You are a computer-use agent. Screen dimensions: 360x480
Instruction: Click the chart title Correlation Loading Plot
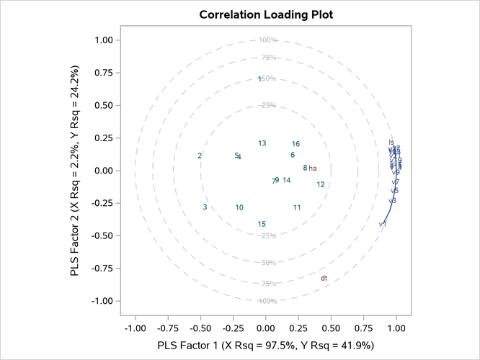click(x=266, y=14)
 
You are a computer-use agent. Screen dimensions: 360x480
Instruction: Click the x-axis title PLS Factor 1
click(x=266, y=345)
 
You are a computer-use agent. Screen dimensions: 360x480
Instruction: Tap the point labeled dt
click(x=324, y=278)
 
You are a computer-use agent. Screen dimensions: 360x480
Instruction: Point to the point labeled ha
click(x=313, y=168)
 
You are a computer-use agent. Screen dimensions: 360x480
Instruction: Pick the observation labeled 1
click(x=259, y=79)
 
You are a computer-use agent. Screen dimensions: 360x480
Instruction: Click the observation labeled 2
click(x=200, y=156)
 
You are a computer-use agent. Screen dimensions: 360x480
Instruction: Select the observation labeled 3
click(x=205, y=207)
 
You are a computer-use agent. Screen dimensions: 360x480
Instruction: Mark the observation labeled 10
click(x=239, y=208)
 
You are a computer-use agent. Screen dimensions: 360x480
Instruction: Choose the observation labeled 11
click(x=297, y=208)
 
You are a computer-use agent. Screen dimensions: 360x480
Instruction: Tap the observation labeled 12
click(x=321, y=185)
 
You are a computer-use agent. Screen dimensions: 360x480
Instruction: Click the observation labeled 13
click(x=262, y=143)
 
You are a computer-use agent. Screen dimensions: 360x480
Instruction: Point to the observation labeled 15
click(x=262, y=225)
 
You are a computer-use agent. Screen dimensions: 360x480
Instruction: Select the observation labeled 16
click(x=295, y=144)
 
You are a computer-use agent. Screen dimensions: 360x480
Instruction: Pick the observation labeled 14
click(x=287, y=180)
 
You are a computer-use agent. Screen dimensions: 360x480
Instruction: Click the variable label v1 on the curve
click(x=383, y=225)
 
